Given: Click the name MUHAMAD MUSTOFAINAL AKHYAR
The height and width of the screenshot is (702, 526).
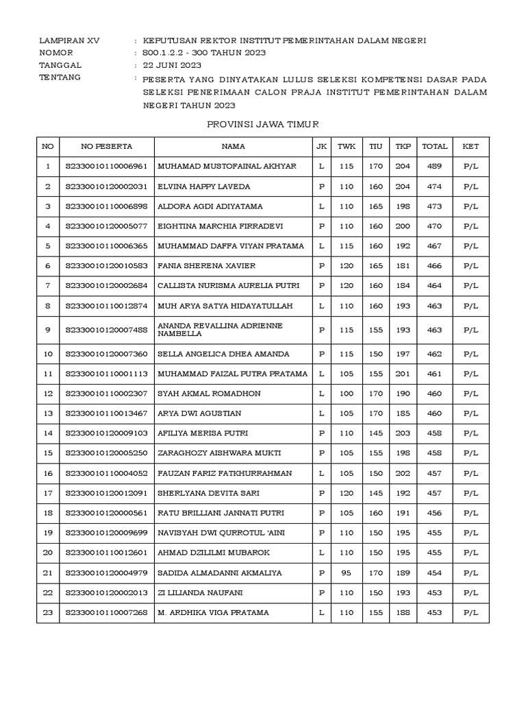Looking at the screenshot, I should click(227, 167).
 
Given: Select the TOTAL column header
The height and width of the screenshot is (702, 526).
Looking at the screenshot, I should click(434, 146).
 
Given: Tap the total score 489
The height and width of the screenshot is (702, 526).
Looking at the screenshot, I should click(434, 167).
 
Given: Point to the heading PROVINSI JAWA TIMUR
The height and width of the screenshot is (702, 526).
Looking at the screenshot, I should click(263, 124).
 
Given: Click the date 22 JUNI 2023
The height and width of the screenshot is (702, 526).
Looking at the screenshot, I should click(172, 65).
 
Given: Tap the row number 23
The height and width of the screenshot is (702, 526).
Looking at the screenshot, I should click(47, 612).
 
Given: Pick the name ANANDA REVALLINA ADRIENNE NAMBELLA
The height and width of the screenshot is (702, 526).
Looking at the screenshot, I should click(220, 329).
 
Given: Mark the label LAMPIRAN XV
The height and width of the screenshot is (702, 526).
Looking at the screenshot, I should click(69, 41).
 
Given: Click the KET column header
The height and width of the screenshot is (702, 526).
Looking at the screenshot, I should click(471, 146).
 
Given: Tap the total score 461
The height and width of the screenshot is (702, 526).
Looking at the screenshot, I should click(434, 374).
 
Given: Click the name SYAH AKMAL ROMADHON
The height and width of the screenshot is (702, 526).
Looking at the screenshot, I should click(203, 394).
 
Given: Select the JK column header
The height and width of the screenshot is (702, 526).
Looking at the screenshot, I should click(321, 146).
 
